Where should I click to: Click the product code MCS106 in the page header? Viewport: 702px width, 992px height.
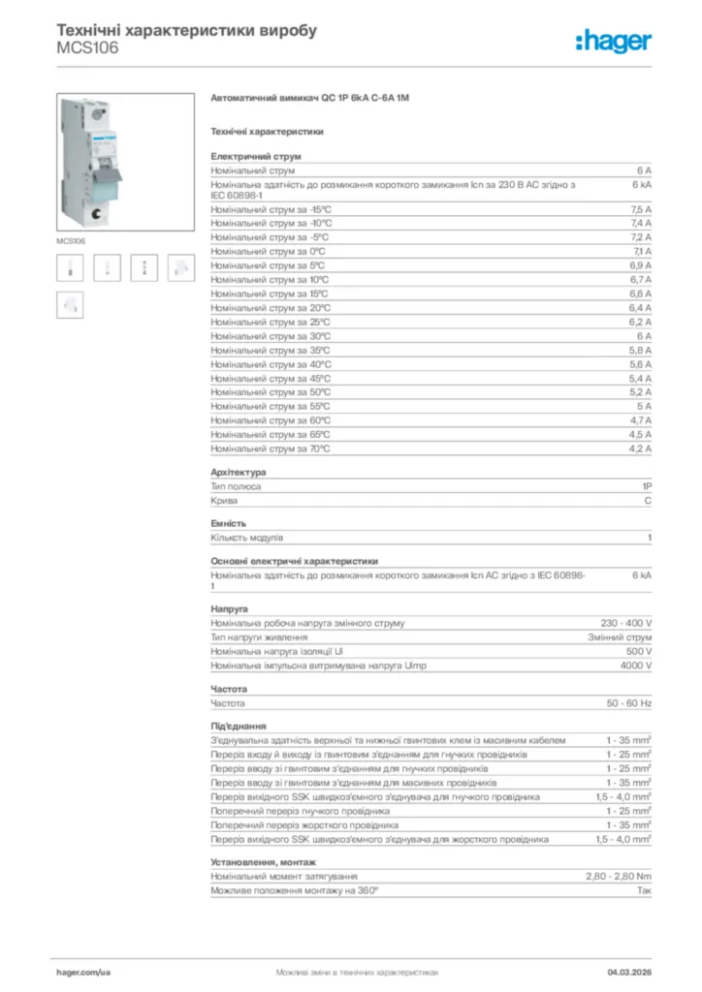click(x=88, y=47)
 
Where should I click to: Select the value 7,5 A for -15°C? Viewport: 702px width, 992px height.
click(x=641, y=209)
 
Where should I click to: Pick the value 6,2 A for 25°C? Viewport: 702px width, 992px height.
click(x=641, y=322)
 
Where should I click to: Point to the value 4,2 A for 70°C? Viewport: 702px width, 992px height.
click(x=641, y=449)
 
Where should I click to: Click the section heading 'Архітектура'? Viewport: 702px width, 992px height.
click(x=238, y=472)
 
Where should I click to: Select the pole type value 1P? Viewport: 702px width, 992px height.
click(x=646, y=486)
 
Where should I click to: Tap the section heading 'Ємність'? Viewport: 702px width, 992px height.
click(x=229, y=523)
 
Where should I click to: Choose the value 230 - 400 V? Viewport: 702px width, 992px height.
click(x=626, y=623)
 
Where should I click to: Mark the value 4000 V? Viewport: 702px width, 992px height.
click(x=635, y=666)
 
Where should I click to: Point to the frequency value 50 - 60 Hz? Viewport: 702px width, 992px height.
click(x=629, y=702)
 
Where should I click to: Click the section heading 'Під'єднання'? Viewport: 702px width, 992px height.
click(x=239, y=726)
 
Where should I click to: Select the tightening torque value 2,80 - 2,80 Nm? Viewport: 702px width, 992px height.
click(x=619, y=876)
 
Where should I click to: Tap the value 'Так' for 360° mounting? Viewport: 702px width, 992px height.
click(x=644, y=889)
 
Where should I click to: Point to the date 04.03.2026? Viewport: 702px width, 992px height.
click(x=629, y=971)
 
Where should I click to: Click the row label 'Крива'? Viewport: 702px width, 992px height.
click(x=224, y=501)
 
